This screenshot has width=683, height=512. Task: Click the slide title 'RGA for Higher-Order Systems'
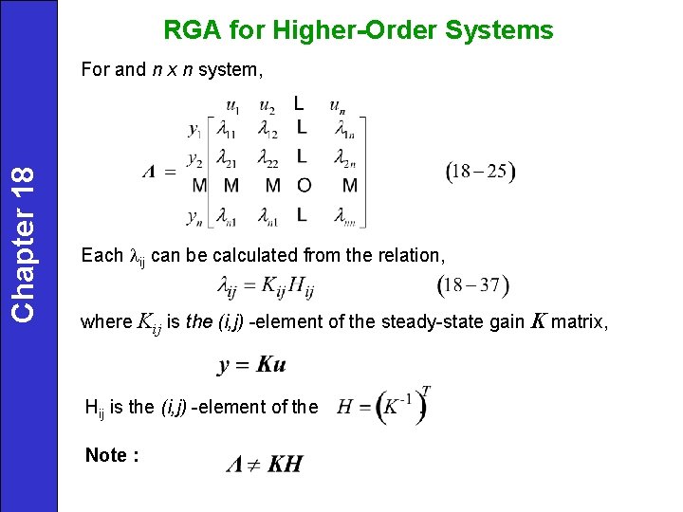tap(359, 30)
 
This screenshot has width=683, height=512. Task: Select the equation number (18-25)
tap(480, 172)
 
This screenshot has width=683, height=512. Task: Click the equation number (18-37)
tap(474, 284)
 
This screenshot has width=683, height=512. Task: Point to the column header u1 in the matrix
tap(231, 104)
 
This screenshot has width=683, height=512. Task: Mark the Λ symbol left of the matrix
tap(149, 172)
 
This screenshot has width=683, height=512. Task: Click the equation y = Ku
tap(251, 365)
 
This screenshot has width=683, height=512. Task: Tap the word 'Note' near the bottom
tap(107, 455)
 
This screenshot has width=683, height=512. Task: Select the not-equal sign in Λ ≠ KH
tap(254, 464)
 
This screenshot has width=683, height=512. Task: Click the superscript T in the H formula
tap(427, 390)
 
